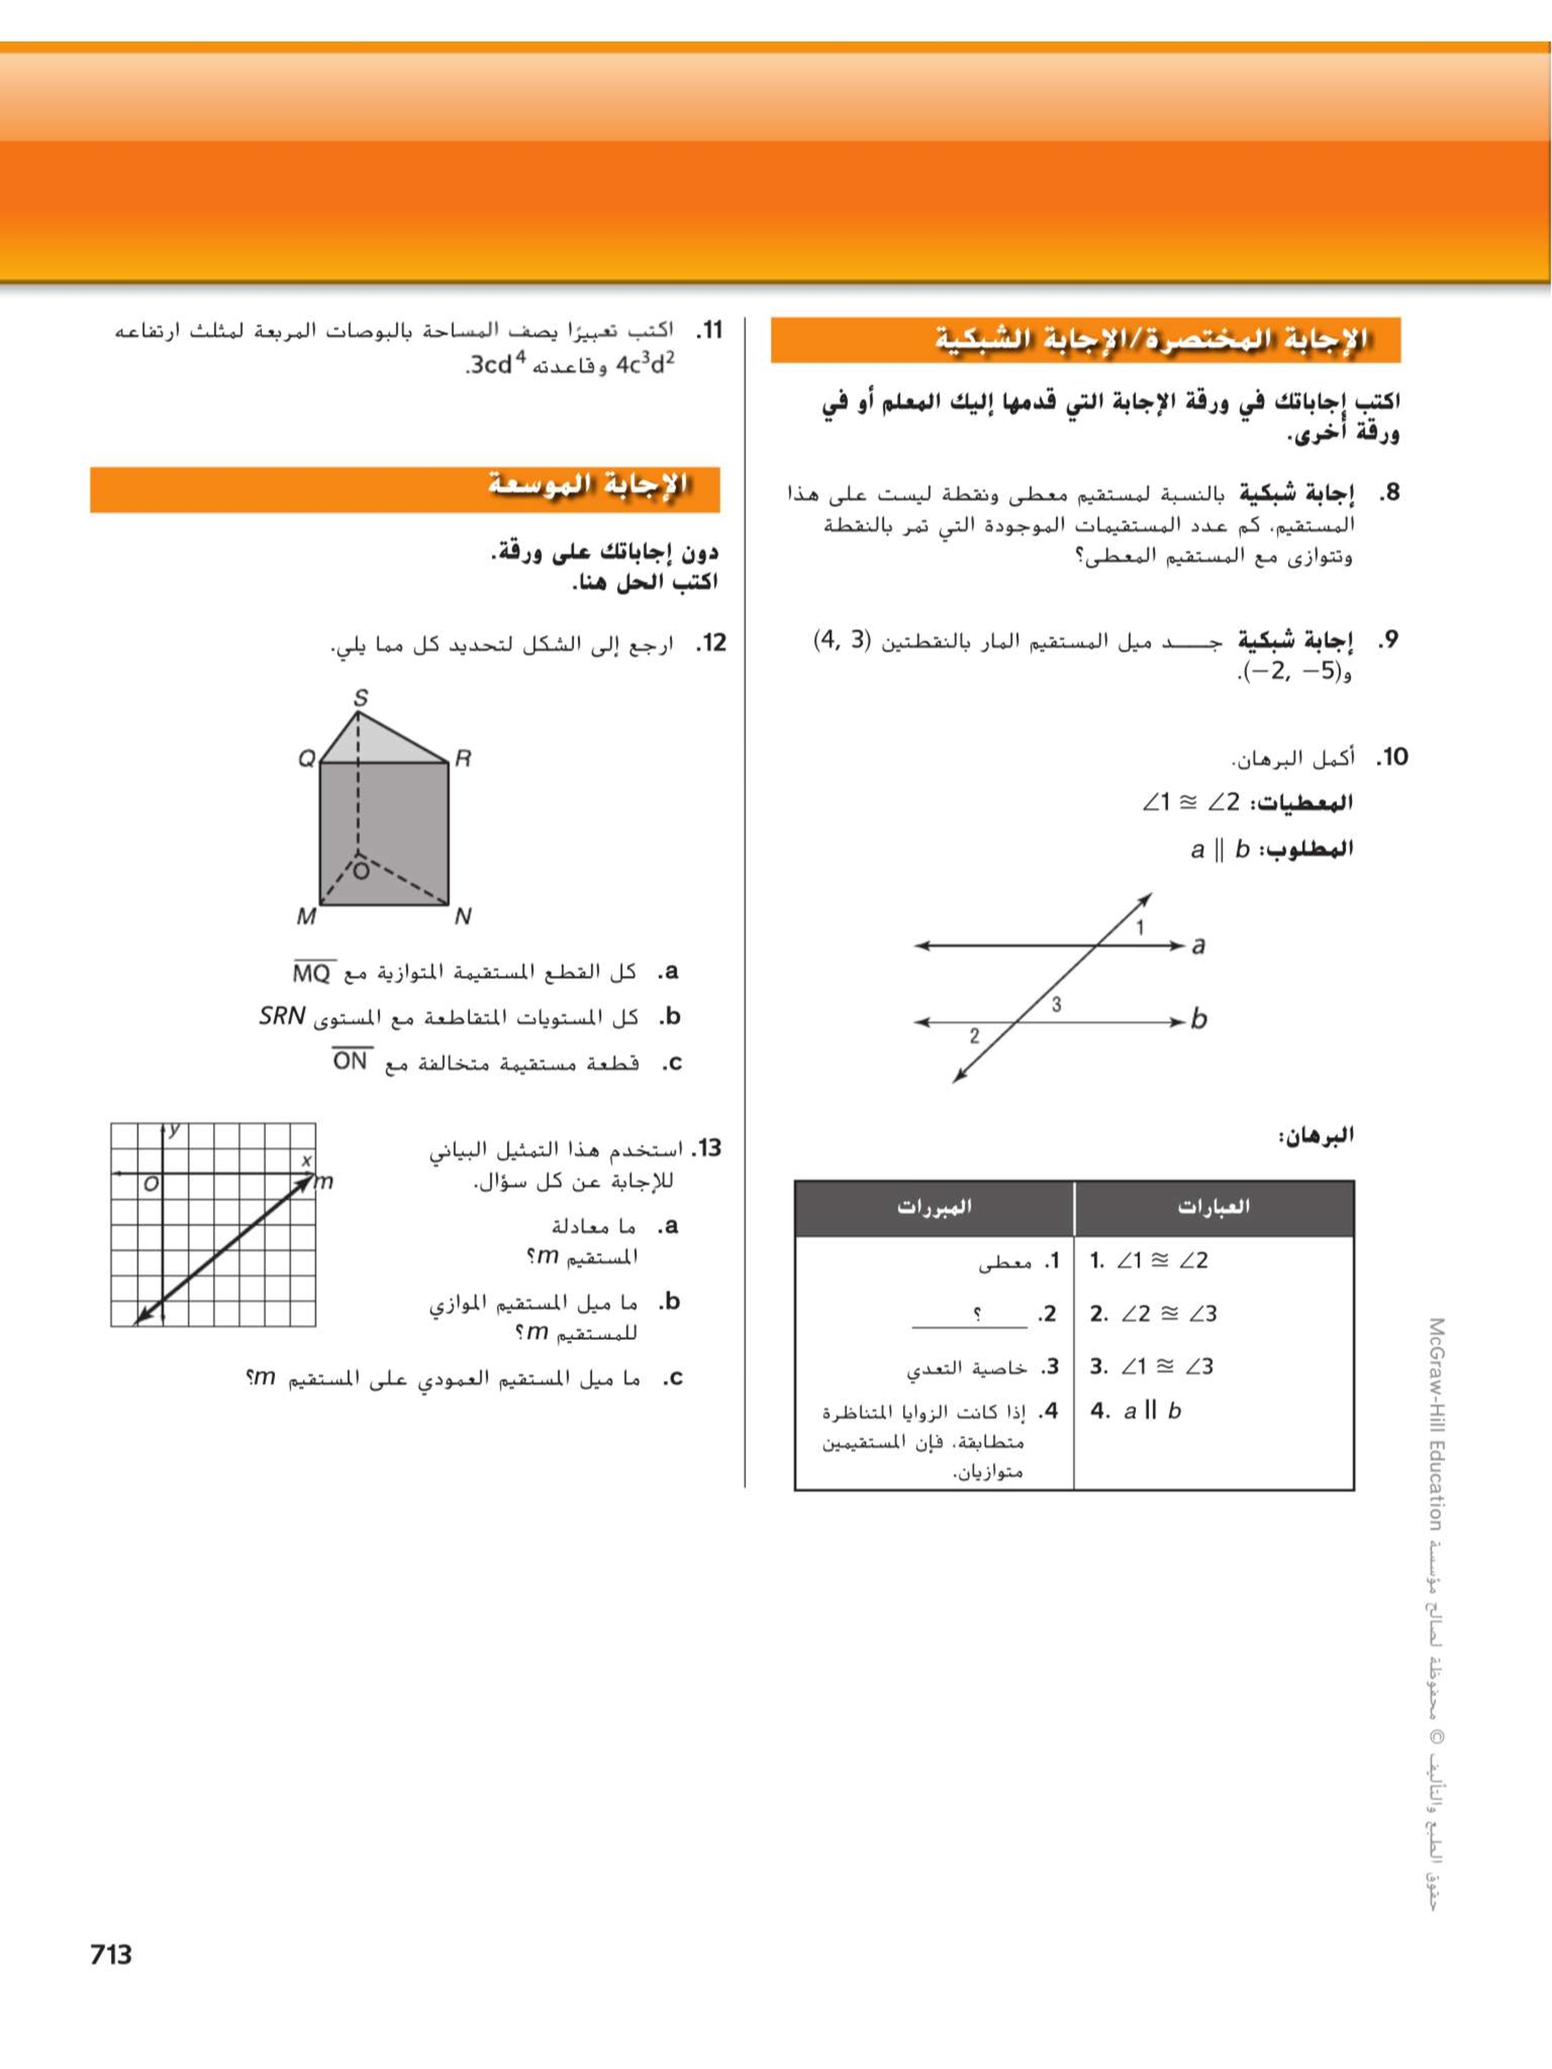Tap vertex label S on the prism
pos(360,698)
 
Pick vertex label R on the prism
pos(462,758)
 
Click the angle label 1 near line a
pos(1139,928)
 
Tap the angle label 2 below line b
pos(974,1035)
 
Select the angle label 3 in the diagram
pos(1056,1004)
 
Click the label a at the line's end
pos(1199,946)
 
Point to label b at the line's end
pos(1199,1020)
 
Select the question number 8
pos(1390,493)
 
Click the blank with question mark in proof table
pos(970,1315)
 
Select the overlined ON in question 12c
pos(351,1061)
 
